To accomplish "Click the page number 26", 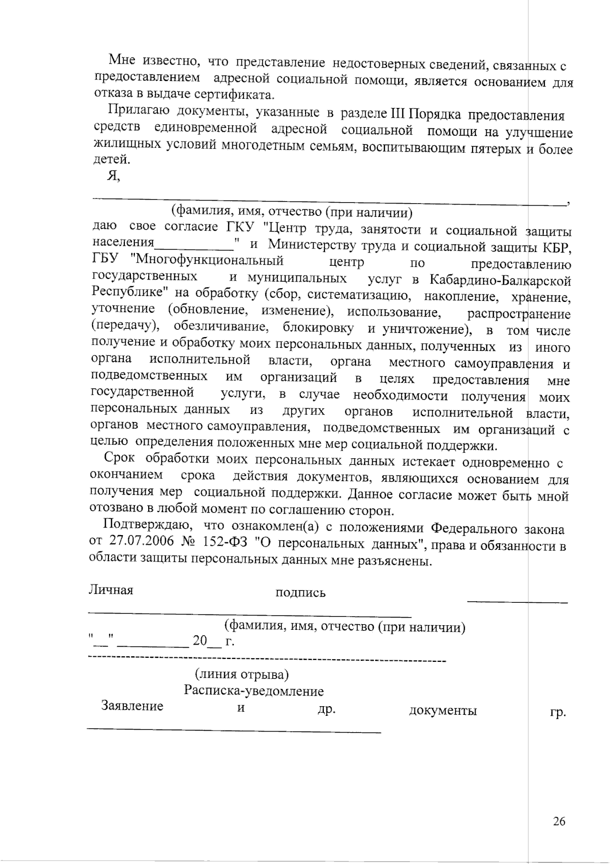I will coord(559,821).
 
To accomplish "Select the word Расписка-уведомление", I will coord(254,691).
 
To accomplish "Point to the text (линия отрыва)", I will coord(242,674).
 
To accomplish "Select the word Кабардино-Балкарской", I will coord(500,281).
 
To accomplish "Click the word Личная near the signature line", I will coord(111,590).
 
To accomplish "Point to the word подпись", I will coord(300,593).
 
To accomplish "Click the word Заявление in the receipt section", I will coord(132,706).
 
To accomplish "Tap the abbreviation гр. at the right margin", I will coord(558,713).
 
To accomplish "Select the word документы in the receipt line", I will coord(442,711).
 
